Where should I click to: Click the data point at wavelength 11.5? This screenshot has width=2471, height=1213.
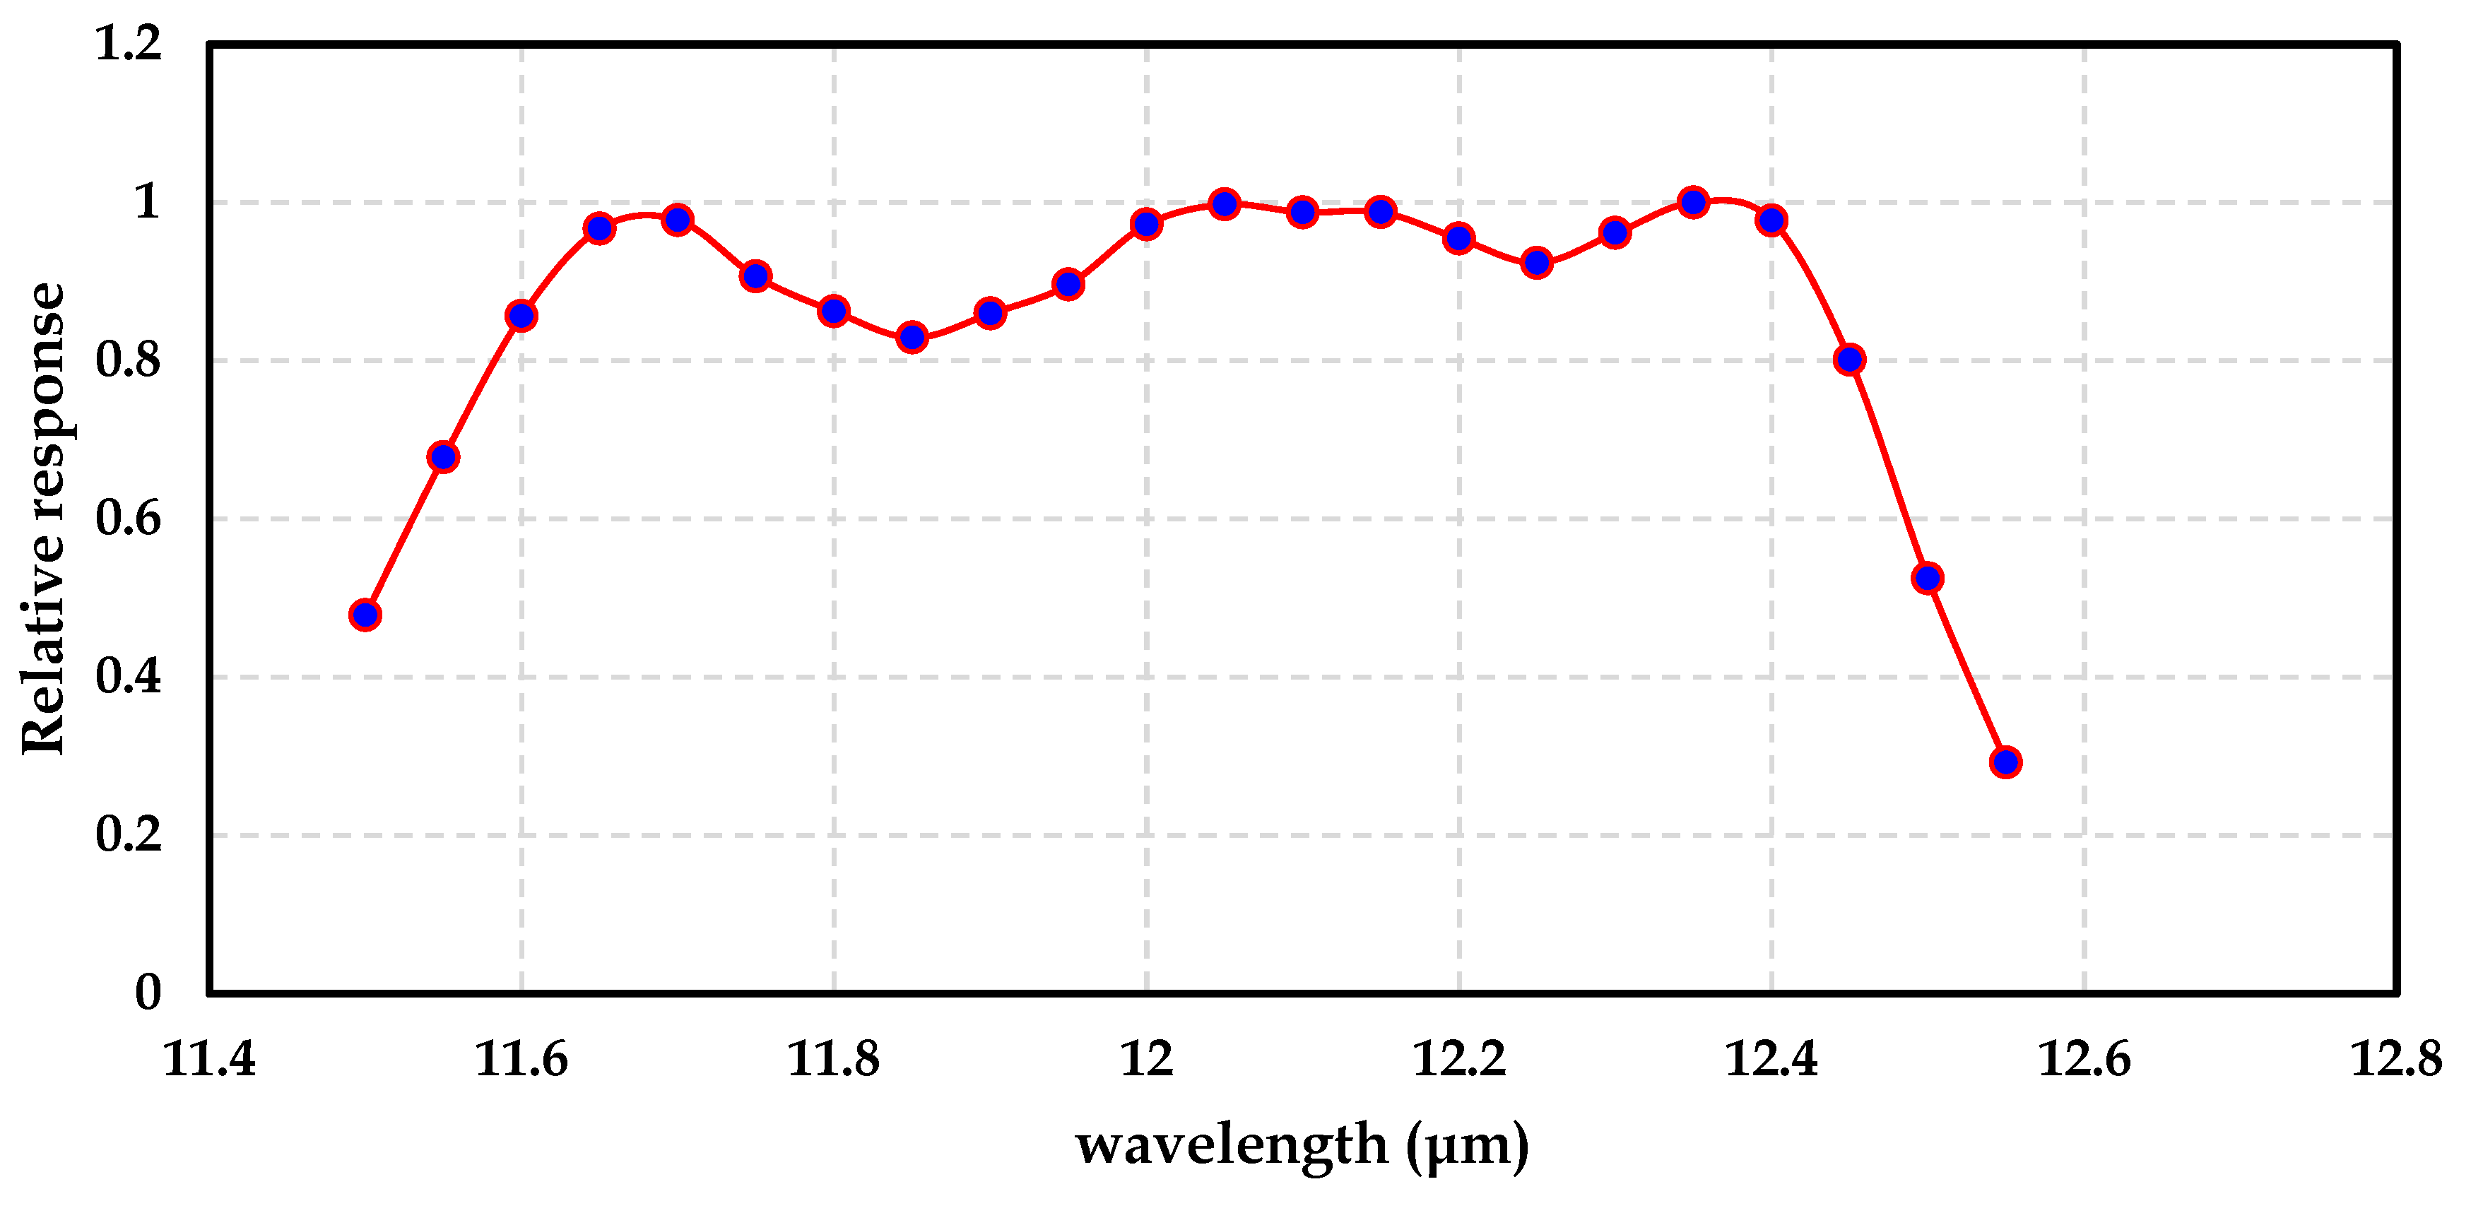click(x=365, y=615)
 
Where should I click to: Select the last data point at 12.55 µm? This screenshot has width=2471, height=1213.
click(x=2005, y=762)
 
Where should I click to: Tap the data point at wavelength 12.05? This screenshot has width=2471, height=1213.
click(x=1224, y=203)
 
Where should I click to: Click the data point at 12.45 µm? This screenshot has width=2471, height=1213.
click(x=1849, y=360)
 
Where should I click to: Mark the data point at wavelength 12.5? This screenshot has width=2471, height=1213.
click(x=1927, y=578)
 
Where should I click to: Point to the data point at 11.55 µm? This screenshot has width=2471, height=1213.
click(x=442, y=456)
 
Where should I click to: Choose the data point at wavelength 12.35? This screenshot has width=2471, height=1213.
click(x=1693, y=202)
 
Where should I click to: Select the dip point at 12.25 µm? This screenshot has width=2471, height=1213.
click(x=1537, y=263)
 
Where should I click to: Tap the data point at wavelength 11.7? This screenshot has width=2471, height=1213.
click(x=677, y=220)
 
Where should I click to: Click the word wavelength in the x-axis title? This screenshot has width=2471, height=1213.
click(x=1232, y=1144)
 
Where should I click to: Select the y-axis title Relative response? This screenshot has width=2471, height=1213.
click(x=44, y=518)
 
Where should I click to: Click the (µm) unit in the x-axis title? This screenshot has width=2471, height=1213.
click(x=1468, y=1144)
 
